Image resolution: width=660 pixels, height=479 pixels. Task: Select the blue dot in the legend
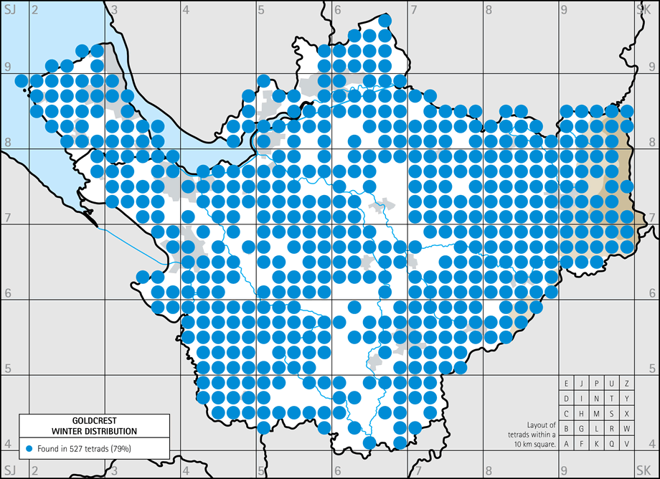(29, 448)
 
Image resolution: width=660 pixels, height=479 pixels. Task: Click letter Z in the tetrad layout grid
(627, 383)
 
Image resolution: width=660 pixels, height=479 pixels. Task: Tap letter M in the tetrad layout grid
(597, 414)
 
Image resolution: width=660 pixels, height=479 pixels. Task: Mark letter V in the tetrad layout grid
(627, 444)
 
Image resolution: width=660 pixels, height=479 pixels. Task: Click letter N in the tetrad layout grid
(597, 399)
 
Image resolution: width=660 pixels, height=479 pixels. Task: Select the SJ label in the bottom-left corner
(10, 469)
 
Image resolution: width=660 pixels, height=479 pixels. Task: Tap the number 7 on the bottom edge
(414, 469)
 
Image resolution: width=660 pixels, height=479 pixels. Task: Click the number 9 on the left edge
(8, 67)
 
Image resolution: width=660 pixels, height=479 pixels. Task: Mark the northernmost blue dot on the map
(385, 20)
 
